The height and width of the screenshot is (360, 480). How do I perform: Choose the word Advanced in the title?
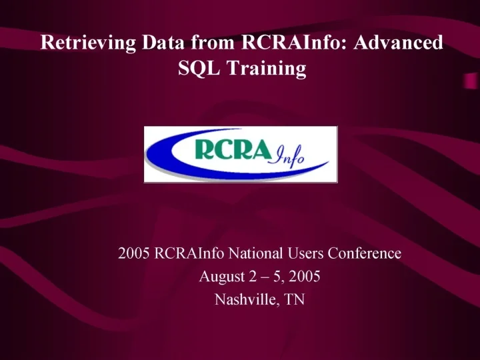(x=399, y=43)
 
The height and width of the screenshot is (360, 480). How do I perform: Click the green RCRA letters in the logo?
(x=227, y=150)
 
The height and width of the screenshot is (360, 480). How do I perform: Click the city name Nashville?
(x=243, y=299)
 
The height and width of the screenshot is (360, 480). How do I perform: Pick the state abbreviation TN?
(x=294, y=299)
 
